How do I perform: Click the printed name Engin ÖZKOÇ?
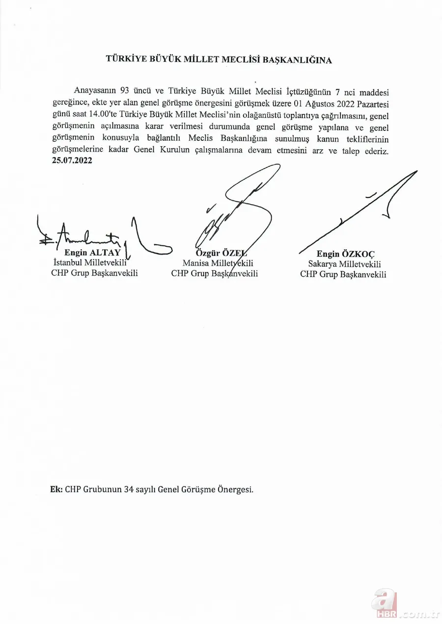345,254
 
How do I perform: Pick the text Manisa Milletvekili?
215,263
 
